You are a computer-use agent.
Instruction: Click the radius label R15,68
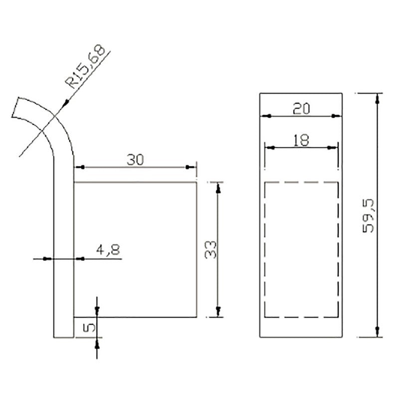85,67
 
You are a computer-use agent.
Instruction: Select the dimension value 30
135,160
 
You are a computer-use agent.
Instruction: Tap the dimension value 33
210,250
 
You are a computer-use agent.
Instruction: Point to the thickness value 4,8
108,250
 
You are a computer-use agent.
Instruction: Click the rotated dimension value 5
89,328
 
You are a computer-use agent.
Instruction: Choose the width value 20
301,109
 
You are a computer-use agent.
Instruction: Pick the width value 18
301,140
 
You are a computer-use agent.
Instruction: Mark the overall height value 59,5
368,215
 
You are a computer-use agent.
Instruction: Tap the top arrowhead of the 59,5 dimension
378,99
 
